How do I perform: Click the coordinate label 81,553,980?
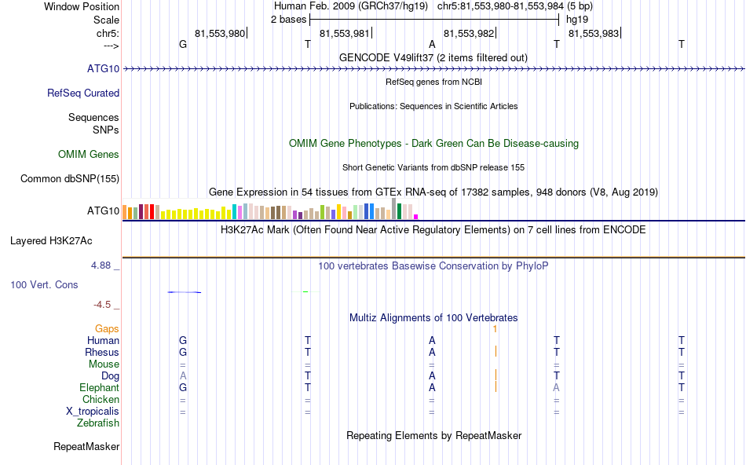click(220, 33)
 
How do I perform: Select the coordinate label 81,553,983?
click(593, 33)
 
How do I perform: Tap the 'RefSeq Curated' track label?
click(83, 93)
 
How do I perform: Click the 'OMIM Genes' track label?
click(89, 154)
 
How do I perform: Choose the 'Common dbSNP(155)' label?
click(70, 178)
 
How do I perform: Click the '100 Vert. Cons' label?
click(44, 284)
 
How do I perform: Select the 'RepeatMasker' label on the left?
click(86, 446)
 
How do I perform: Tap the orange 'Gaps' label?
click(107, 328)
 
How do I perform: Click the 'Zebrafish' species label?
click(98, 423)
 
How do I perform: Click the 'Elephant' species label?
click(99, 387)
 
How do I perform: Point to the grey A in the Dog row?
click(183, 375)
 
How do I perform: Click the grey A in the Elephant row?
click(556, 387)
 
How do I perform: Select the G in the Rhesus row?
click(183, 352)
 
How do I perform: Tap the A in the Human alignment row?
click(432, 340)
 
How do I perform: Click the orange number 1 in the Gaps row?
click(495, 328)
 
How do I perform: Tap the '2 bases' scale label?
click(288, 20)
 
